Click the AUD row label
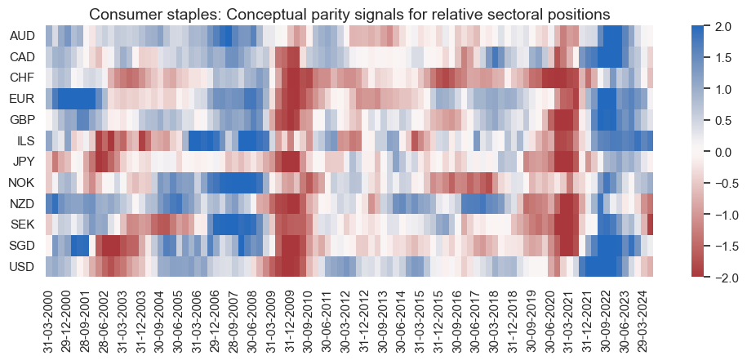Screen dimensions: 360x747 pos(22,37)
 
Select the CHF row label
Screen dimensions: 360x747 pos(22,78)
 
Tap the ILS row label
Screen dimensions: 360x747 pos(25,141)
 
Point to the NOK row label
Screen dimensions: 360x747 pos(22,183)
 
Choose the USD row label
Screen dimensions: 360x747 pos(22,267)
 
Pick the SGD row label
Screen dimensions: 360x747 pos(22,246)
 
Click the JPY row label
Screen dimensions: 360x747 pos(23,162)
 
